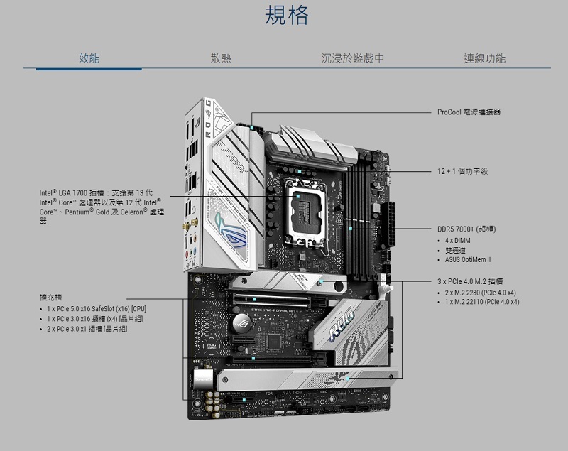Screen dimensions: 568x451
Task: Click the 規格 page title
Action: pos(287,16)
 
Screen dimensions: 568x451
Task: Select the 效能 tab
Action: pos(89,58)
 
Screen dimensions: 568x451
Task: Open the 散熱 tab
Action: pos(221,58)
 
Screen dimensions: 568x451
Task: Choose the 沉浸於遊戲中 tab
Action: pos(352,58)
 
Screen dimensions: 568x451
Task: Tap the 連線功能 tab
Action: pos(484,58)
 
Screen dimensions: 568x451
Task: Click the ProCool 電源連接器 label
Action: pos(469,112)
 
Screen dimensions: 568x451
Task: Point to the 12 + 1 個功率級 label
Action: pos(462,172)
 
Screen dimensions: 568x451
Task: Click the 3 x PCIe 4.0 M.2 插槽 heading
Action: pos(470,281)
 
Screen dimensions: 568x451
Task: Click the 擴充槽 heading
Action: pos(50,297)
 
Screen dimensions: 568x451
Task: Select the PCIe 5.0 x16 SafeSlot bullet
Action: pos(96,309)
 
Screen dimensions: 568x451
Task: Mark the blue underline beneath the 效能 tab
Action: pos(89,69)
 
